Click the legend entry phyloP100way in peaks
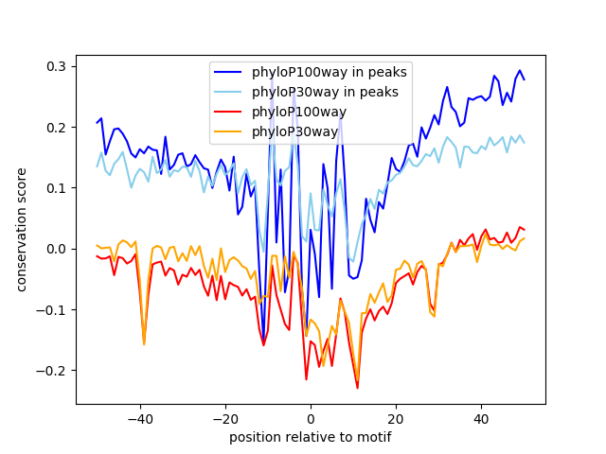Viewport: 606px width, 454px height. pyautogui.click(x=329, y=72)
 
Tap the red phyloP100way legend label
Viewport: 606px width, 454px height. pyautogui.click(x=299, y=112)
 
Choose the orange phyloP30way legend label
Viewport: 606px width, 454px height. pyautogui.click(x=295, y=131)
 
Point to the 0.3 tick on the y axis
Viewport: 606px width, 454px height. pyautogui.click(x=54, y=66)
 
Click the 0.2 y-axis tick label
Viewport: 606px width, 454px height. pyautogui.click(x=54, y=127)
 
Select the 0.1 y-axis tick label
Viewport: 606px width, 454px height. pyautogui.click(x=54, y=188)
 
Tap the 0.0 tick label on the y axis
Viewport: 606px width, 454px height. pyautogui.click(x=54, y=249)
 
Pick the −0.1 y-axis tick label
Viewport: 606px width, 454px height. pyautogui.click(x=50, y=309)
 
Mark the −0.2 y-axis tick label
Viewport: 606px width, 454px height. pyautogui.click(x=50, y=370)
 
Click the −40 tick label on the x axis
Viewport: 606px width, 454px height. pyautogui.click(x=140, y=419)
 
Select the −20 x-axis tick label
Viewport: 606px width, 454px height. pyautogui.click(x=225, y=419)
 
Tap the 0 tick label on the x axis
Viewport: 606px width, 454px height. pyautogui.click(x=311, y=419)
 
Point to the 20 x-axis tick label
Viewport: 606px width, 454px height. pyautogui.click(x=396, y=419)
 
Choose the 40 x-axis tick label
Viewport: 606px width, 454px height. pyautogui.click(x=481, y=419)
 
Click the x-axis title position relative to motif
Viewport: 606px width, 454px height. pyautogui.click(x=310, y=437)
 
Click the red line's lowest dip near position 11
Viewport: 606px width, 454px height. pyautogui.click(x=357, y=387)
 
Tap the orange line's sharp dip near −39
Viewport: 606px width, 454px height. pyautogui.click(x=144, y=344)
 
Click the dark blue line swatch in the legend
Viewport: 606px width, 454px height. pyautogui.click(x=230, y=72)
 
